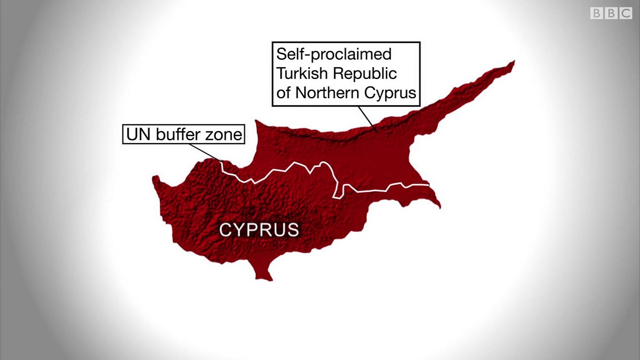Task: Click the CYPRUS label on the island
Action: (259, 230)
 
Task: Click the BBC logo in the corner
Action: (611, 13)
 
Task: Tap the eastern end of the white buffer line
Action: (428, 185)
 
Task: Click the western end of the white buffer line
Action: (221, 161)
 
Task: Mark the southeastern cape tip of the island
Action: (439, 207)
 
